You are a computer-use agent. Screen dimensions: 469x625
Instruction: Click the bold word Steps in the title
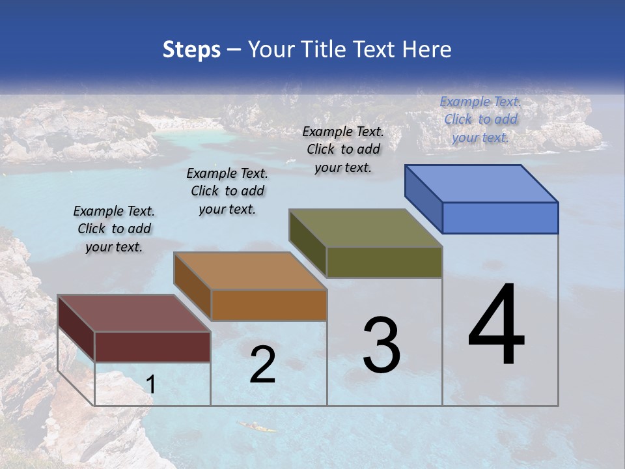pyautogui.click(x=191, y=50)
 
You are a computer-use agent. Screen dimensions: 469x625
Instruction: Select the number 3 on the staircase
pyautogui.click(x=381, y=345)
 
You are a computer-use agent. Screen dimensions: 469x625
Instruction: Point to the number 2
pyautogui.click(x=262, y=365)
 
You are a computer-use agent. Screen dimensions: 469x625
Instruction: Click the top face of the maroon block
pyautogui.click(x=134, y=313)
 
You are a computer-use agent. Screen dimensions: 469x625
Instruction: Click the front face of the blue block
pyautogui.click(x=500, y=218)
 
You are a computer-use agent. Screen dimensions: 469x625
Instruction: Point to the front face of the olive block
pyautogui.click(x=384, y=262)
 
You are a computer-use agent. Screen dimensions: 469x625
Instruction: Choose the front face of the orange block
pyautogui.click(x=269, y=305)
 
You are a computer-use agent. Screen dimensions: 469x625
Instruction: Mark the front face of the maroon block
pyautogui.click(x=152, y=347)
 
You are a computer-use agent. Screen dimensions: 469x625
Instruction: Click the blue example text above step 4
pyautogui.click(x=480, y=119)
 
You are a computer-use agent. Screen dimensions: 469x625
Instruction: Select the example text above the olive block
pyautogui.click(x=343, y=149)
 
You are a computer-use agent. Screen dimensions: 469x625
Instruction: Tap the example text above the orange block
pyautogui.click(x=227, y=191)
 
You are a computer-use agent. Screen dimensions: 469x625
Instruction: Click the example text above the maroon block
pyautogui.click(x=114, y=229)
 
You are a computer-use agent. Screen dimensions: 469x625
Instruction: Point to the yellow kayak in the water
pyautogui.click(x=257, y=427)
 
